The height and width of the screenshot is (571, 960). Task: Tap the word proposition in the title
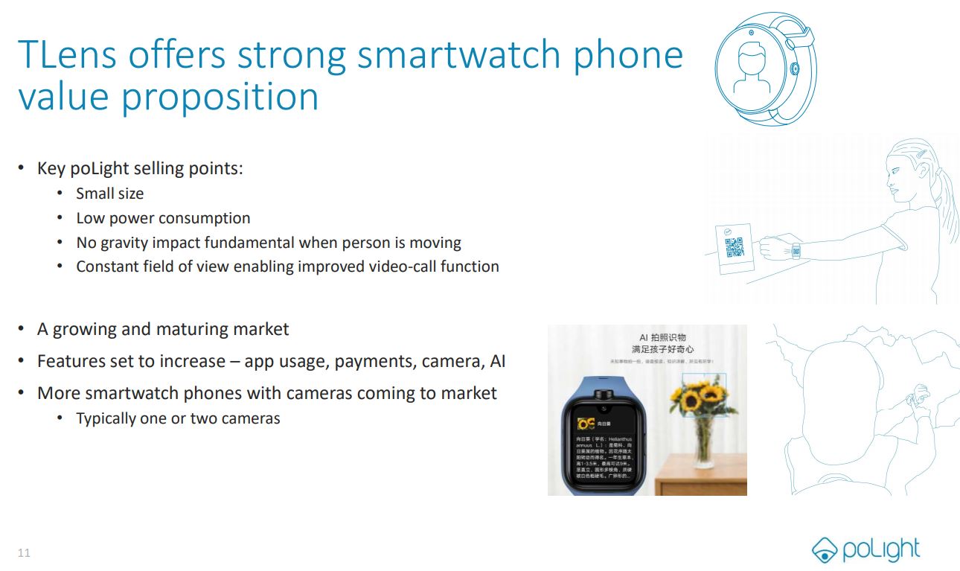pos(220,97)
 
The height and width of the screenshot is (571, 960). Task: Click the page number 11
pos(24,552)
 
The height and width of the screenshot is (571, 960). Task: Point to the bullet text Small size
pos(109,194)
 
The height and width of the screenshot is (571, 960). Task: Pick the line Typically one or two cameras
pos(178,418)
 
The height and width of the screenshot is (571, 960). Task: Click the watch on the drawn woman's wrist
pos(796,250)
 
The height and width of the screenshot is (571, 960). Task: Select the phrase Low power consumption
pos(163,218)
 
